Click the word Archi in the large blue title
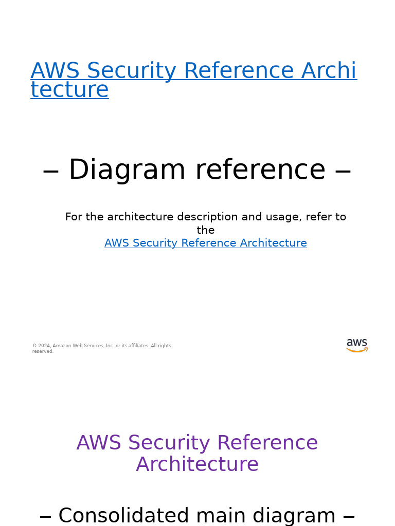[x=329, y=71]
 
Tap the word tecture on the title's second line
[x=69, y=90]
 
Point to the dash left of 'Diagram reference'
[x=51, y=171]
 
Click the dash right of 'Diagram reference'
[x=343, y=171]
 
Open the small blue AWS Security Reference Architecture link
[x=206, y=243]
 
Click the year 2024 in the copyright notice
[x=44, y=346]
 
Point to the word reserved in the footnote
[x=42, y=351]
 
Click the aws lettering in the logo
[x=357, y=343]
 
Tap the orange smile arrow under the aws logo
[x=357, y=350]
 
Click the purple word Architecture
[x=197, y=465]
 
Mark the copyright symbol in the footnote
[x=34, y=346]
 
